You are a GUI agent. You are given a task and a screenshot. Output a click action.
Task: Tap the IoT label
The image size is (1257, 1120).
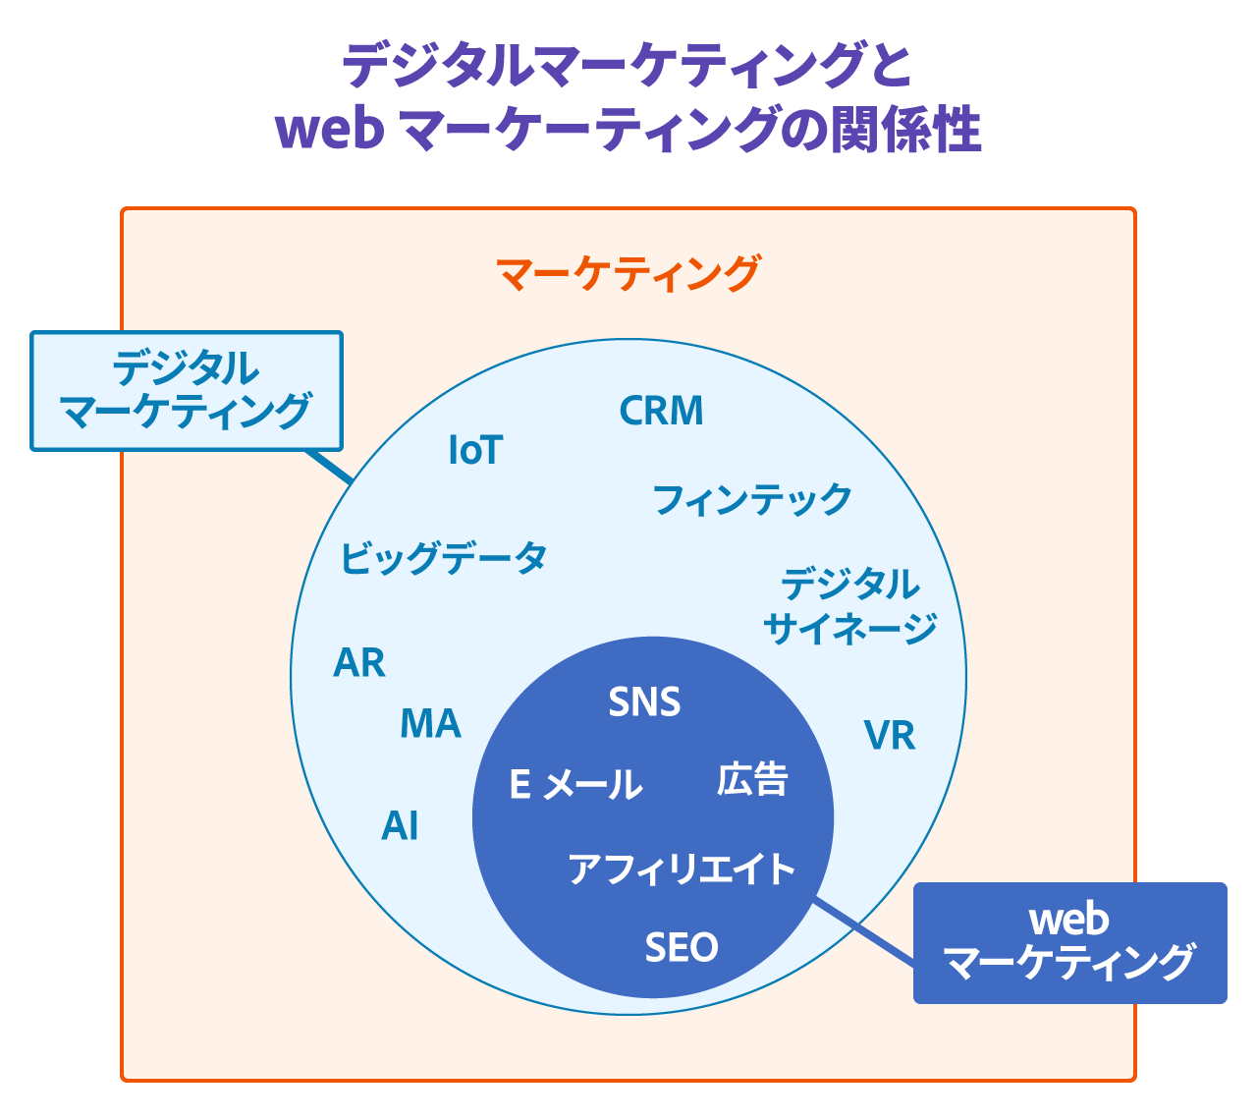pyautogui.click(x=475, y=451)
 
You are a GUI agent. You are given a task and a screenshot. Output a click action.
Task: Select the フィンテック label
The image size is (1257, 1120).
pyautogui.click(x=752, y=500)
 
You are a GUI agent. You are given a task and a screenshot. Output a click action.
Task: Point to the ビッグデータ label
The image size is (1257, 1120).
pyautogui.click(x=443, y=558)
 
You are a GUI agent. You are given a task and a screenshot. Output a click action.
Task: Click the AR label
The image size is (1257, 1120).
pyautogui.click(x=359, y=664)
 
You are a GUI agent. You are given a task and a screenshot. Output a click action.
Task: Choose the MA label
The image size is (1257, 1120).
pyautogui.click(x=430, y=725)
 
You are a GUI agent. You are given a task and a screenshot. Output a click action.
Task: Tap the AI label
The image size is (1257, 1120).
pyautogui.click(x=400, y=827)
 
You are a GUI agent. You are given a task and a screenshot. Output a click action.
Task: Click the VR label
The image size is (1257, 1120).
pyautogui.click(x=890, y=736)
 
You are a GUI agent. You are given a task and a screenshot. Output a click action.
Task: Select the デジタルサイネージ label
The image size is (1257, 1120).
pyautogui.click(x=849, y=606)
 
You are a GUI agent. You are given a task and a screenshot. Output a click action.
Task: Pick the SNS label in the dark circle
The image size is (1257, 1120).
pyautogui.click(x=644, y=703)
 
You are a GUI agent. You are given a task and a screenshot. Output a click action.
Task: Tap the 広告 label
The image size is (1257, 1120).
pyautogui.click(x=752, y=780)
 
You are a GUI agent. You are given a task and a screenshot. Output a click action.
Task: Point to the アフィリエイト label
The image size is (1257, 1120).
pyautogui.click(x=682, y=869)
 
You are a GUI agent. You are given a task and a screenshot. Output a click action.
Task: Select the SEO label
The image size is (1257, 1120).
pyautogui.click(x=682, y=948)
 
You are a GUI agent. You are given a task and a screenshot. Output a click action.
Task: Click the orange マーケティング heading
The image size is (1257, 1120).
pyautogui.click(x=628, y=274)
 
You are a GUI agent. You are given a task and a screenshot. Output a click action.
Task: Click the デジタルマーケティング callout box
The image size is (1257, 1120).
pyautogui.click(x=187, y=391)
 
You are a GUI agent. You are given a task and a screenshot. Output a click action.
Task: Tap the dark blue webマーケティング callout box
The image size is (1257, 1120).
pyautogui.click(x=1069, y=943)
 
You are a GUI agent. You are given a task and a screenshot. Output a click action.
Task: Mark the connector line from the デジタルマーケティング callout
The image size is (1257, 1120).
pyautogui.click(x=328, y=466)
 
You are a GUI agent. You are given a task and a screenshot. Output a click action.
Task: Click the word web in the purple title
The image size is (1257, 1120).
pyautogui.click(x=330, y=131)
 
